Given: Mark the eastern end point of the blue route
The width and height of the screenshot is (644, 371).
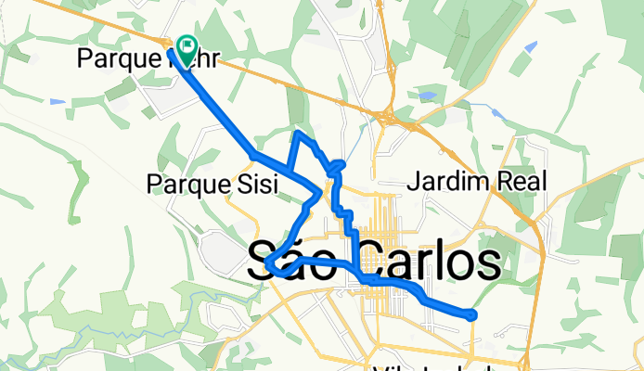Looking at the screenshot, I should [472, 315].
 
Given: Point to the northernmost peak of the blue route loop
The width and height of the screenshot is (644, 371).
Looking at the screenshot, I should [298, 134].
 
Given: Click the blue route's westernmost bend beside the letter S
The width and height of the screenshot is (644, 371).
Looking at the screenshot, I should [268, 266].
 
